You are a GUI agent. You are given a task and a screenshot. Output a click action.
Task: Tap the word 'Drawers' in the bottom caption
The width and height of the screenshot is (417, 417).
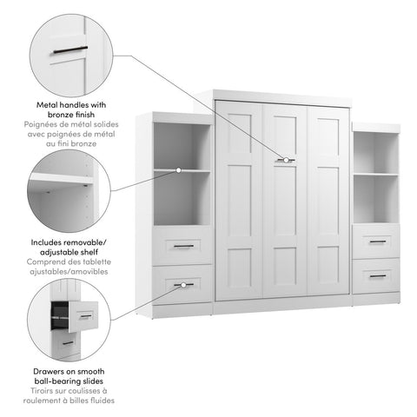coord(50,371)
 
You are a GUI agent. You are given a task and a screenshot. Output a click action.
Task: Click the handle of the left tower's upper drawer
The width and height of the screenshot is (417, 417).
coord(183,246)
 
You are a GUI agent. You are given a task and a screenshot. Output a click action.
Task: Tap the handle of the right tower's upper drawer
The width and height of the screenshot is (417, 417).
coord(377,241)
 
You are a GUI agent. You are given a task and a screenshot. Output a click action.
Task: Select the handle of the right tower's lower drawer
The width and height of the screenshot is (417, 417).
coord(377,275)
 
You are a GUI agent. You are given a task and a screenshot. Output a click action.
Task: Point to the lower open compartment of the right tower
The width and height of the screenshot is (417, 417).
coord(376,199)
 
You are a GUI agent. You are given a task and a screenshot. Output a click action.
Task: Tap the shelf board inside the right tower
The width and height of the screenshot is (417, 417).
coord(376,174)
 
